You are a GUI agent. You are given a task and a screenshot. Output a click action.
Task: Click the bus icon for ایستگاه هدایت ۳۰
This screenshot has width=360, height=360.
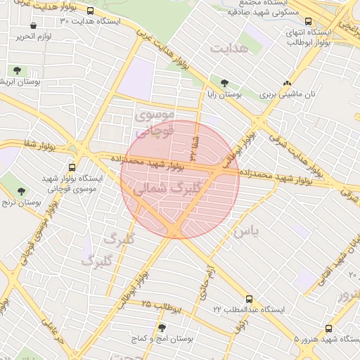[90, 11]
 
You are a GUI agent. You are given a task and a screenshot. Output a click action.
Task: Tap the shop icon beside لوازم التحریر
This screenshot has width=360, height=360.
[33, 26]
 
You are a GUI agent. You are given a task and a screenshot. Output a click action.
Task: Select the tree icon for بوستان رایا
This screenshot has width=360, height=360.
[224, 83]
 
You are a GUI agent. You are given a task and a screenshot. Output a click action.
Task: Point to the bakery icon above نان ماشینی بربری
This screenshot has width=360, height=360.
[287, 82]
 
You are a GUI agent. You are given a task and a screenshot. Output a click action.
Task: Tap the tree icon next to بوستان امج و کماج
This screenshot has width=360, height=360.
[162, 327]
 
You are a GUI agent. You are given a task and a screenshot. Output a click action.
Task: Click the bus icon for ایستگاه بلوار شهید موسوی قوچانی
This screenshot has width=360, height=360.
[72, 167]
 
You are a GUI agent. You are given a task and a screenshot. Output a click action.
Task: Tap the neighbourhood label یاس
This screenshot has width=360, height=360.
[247, 230]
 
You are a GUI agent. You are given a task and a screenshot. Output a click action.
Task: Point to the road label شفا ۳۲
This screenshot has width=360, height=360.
[192, 146]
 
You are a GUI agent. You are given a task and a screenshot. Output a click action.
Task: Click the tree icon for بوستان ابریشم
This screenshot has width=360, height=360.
[16, 71]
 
